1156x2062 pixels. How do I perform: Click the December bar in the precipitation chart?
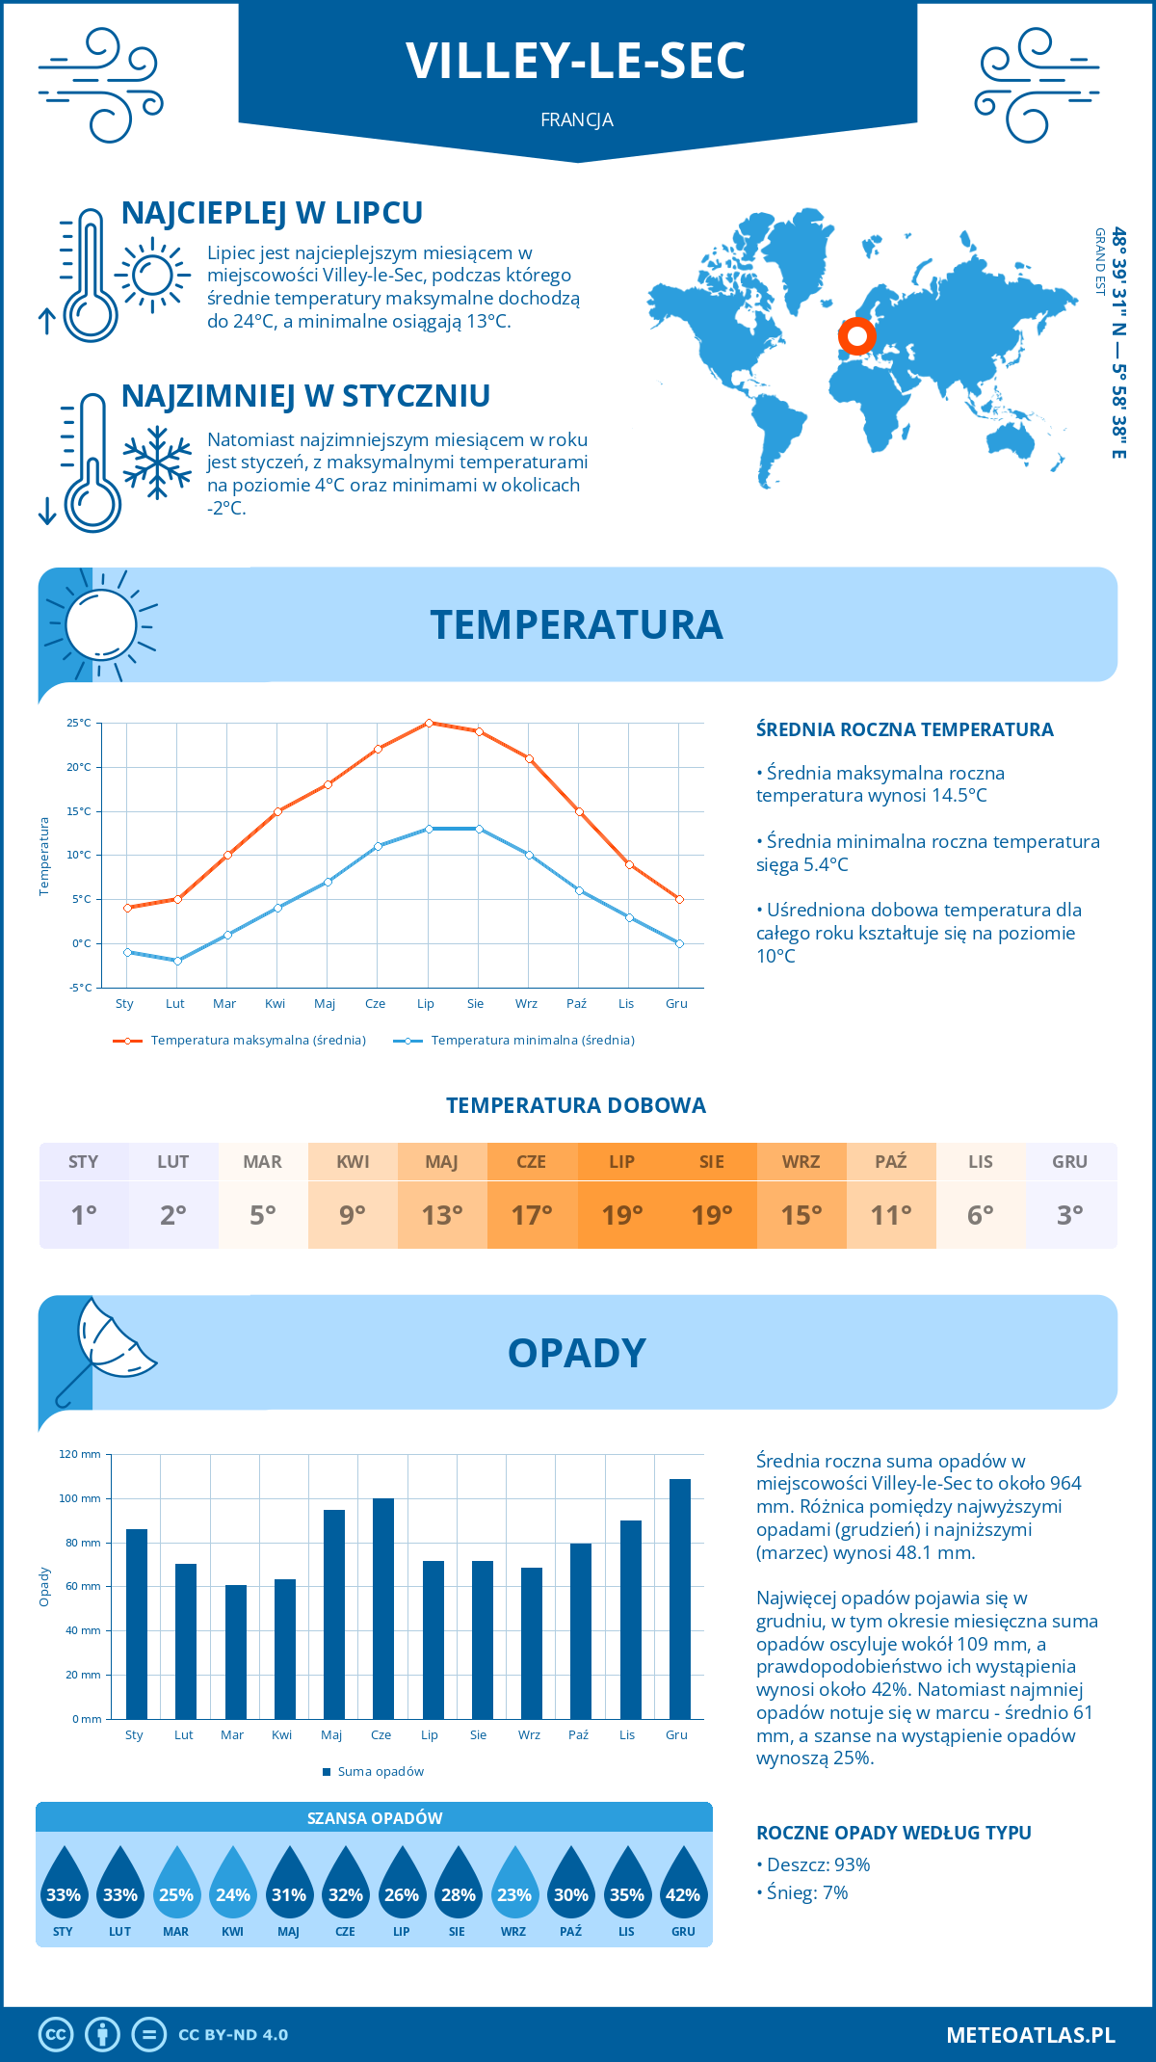[680, 1599]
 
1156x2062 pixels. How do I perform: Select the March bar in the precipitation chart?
[236, 1652]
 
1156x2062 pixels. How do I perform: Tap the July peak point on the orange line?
[429, 723]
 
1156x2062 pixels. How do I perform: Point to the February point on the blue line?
[177, 961]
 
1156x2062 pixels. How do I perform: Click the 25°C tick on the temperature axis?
[79, 723]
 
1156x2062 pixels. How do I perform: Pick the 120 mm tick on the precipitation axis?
[80, 1454]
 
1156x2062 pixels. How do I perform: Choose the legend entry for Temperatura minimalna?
[515, 1041]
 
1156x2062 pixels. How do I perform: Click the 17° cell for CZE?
[532, 1215]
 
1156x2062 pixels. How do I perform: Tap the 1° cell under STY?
[84, 1215]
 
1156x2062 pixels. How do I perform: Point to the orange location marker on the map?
[856, 336]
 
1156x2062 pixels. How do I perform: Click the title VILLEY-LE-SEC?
[576, 61]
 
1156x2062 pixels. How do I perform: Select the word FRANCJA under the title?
[577, 120]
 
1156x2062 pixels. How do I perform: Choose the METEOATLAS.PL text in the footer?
[1031, 2035]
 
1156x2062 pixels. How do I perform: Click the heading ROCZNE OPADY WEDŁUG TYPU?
[893, 1833]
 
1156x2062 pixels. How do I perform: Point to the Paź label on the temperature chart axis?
[576, 1004]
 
